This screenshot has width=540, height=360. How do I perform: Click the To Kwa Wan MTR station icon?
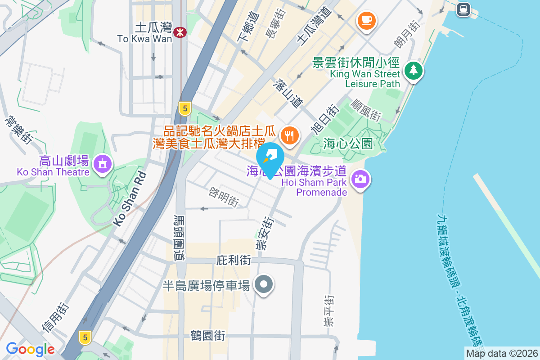(180, 31)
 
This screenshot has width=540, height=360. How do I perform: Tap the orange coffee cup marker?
(367, 20)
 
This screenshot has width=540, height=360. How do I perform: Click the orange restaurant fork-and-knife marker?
(290, 135)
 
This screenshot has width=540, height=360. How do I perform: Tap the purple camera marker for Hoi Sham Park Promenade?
(359, 179)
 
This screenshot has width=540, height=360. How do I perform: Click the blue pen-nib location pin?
(270, 158)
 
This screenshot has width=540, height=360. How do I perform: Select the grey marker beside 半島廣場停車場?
(264, 284)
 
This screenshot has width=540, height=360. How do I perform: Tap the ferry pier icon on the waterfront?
(463, 9)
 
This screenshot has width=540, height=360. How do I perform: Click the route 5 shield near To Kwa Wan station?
(184, 108)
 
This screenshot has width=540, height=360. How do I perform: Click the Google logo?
(30, 349)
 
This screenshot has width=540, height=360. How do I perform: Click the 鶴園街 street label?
(207, 335)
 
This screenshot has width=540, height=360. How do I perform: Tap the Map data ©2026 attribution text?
(501, 353)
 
